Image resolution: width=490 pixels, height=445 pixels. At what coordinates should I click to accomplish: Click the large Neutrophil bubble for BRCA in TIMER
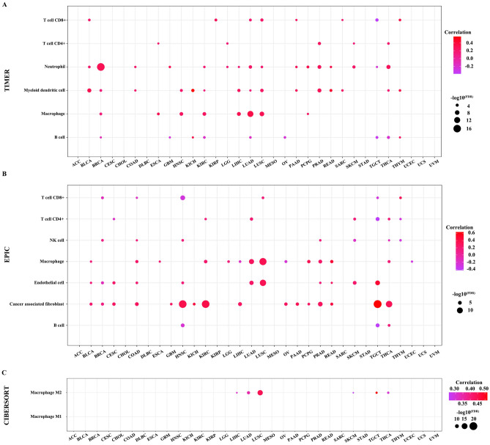(101, 67)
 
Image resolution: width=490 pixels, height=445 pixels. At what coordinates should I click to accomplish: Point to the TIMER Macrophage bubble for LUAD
(250, 114)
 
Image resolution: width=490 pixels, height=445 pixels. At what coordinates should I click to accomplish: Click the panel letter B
(5, 174)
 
